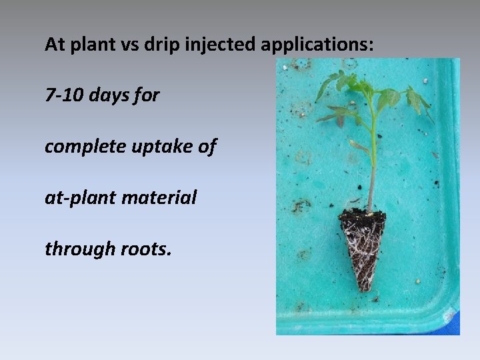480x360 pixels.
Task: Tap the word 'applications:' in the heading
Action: click(317, 45)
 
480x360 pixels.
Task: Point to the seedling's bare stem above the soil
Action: click(371, 173)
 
